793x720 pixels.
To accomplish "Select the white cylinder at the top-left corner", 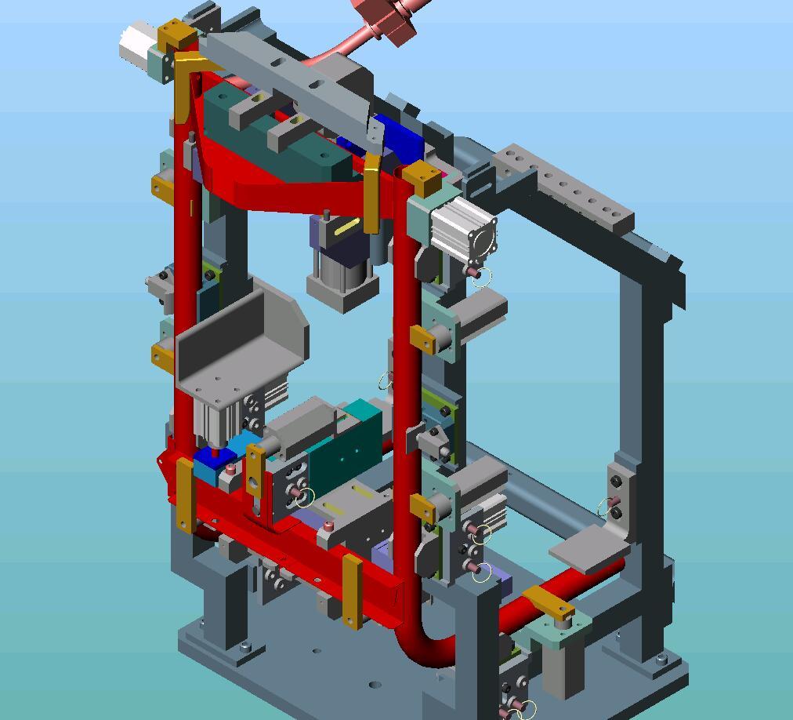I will coord(137,44).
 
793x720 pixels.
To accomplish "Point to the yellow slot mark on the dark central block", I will coord(346,227).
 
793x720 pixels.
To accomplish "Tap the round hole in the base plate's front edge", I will coord(375,685).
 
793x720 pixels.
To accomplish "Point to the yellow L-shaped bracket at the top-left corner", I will coord(186,86).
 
